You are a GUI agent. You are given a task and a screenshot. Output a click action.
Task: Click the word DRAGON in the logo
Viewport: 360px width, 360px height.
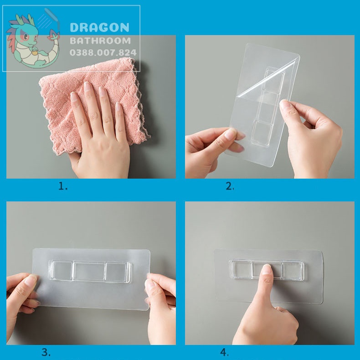pos(100,27)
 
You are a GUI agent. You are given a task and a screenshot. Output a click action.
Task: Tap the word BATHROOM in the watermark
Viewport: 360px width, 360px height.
pos(100,41)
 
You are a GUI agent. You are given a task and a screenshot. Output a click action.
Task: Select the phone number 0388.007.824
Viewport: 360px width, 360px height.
pos(103,52)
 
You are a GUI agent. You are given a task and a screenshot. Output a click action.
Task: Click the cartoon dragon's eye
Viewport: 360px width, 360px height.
pos(26,36)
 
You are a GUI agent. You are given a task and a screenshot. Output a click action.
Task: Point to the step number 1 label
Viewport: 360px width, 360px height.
pos(63,186)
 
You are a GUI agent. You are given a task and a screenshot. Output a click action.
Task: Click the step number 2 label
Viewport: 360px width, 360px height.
pos(230,186)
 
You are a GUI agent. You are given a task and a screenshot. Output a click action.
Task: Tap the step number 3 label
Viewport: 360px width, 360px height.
pos(46,352)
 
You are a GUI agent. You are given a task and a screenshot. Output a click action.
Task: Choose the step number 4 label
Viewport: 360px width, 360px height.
pos(225,352)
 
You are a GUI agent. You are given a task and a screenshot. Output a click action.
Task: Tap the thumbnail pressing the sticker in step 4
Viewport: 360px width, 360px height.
pos(267,269)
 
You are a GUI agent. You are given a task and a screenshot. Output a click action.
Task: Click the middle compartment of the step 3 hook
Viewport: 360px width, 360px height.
pos(89,272)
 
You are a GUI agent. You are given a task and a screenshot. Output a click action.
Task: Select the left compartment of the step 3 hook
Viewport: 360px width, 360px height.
pos(62,271)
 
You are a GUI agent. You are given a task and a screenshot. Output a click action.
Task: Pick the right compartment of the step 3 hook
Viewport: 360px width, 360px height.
pos(117,272)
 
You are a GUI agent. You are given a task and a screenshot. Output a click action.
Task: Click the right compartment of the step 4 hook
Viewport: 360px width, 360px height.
pos(293,271)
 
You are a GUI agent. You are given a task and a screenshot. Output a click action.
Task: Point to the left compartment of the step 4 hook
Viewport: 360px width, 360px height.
pos(242,269)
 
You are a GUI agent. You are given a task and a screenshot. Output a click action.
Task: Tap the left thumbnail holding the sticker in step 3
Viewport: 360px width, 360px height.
pos(31,280)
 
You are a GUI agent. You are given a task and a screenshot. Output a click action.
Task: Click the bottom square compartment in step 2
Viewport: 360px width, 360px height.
pos(262,133)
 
